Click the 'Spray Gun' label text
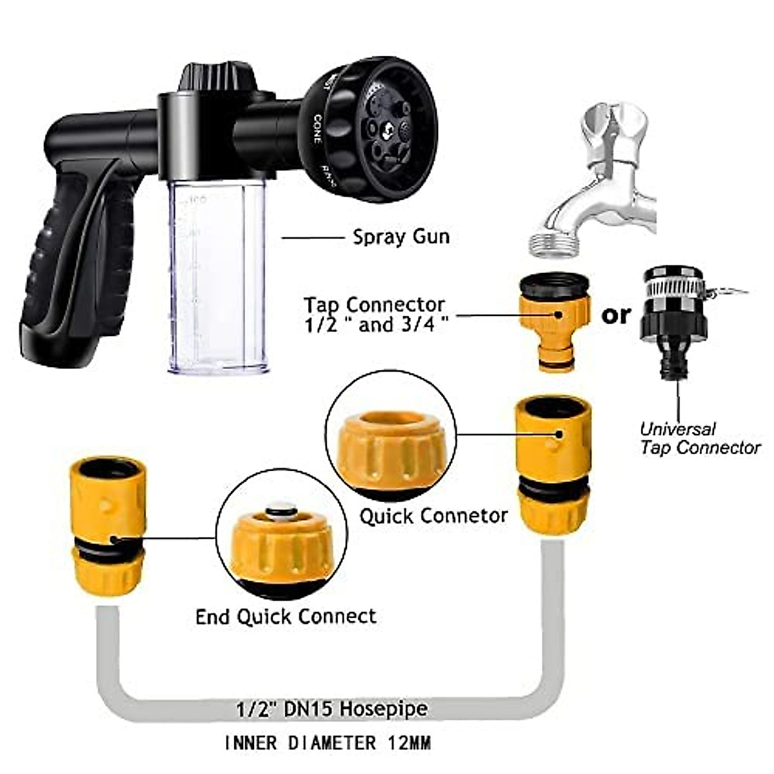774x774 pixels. point(401,237)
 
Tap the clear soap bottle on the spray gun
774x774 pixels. point(217,277)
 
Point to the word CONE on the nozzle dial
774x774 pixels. point(317,129)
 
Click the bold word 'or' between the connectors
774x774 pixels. point(615,315)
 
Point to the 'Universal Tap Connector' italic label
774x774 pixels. point(700,438)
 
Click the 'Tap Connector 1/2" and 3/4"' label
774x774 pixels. point(375,314)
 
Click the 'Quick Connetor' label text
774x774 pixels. point(433,516)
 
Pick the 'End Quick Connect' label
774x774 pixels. point(286,616)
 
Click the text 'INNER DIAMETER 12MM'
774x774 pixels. point(328,743)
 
